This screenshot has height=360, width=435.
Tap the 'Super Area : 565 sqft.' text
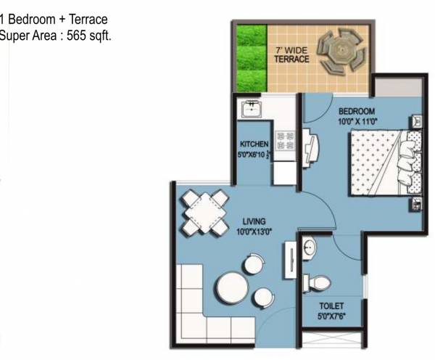point(55,35)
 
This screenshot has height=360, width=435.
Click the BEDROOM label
point(356,111)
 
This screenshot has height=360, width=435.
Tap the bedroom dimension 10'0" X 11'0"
point(356,122)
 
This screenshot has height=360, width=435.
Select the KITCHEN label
point(254,144)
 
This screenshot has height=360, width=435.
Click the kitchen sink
point(252,110)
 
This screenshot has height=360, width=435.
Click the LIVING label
point(254,221)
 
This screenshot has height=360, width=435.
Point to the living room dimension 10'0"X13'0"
point(254,231)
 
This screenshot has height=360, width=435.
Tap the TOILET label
point(331,306)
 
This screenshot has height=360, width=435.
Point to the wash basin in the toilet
point(310,248)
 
